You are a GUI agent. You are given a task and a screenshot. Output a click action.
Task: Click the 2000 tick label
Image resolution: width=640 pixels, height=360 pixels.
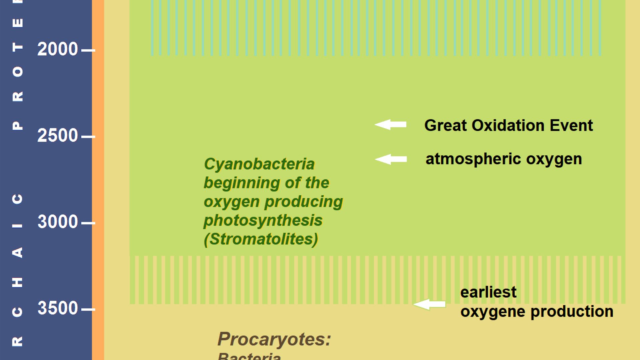tap(57, 49)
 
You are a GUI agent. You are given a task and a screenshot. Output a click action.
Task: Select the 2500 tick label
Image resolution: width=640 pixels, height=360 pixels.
tap(57, 136)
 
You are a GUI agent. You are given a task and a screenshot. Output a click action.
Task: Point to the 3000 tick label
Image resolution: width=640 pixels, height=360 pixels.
tap(57, 222)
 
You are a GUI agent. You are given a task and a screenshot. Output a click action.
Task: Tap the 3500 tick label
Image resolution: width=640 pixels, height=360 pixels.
tap(57, 308)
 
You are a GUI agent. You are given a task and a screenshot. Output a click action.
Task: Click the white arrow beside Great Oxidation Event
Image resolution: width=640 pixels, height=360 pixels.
tap(390, 125)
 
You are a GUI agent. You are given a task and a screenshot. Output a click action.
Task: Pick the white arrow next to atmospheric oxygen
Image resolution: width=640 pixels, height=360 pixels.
tap(391, 159)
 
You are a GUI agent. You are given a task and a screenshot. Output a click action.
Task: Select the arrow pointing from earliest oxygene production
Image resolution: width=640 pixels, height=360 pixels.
tap(429, 304)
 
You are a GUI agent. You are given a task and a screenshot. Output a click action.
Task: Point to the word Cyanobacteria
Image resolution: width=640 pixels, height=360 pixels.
tap(259, 164)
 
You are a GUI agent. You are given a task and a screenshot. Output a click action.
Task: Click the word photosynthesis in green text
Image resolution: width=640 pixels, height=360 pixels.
tap(263, 220)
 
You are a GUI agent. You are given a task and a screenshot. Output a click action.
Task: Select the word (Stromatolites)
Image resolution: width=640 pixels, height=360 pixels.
tap(261, 239)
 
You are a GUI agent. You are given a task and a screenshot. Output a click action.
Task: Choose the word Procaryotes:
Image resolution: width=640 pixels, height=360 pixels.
tap(274, 339)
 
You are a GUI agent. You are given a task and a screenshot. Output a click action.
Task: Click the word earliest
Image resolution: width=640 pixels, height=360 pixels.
tap(488, 292)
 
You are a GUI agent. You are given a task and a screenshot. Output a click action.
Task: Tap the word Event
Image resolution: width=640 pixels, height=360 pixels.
tap(571, 126)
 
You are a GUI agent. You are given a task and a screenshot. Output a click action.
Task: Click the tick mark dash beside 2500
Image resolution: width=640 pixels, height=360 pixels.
tap(88, 137)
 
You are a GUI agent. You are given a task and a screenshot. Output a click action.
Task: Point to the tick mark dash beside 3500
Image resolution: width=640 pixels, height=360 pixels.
tap(88, 309)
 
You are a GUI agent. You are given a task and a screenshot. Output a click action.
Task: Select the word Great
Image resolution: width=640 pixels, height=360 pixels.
tap(445, 126)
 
